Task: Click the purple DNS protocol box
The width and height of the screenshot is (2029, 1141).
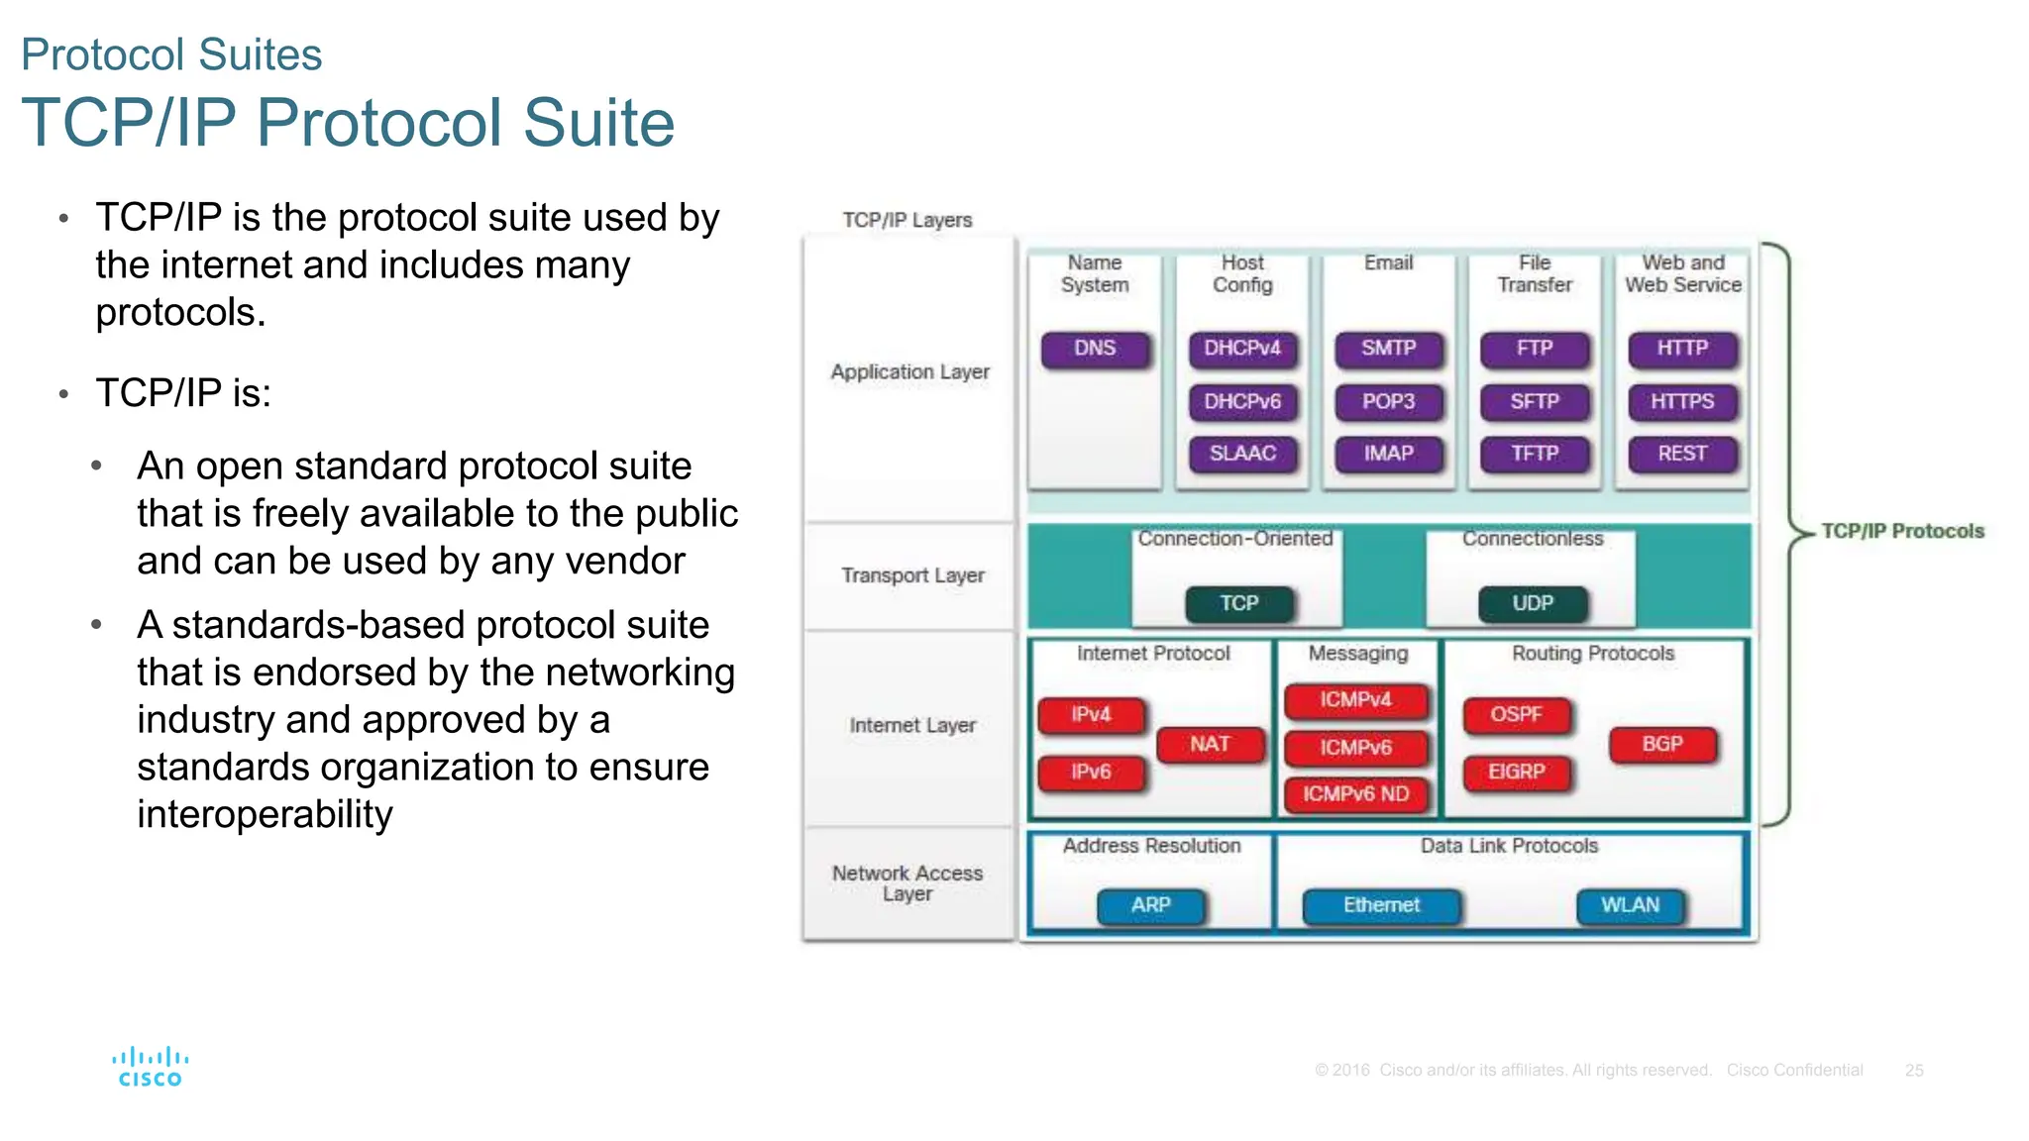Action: (1095, 349)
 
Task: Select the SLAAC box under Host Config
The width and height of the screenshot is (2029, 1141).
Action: (1242, 454)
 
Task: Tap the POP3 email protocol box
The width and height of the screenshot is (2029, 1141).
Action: (1388, 401)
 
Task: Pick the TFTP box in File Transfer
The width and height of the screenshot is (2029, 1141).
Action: (1534, 454)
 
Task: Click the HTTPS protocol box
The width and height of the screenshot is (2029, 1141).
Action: (1681, 401)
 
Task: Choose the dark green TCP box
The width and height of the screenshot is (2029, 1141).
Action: (1238, 603)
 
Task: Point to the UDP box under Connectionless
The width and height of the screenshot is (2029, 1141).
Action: (1532, 603)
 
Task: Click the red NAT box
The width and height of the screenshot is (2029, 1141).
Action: (1210, 744)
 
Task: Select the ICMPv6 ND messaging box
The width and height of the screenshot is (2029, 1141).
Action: (1355, 794)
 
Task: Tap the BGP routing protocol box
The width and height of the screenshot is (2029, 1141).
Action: (1661, 744)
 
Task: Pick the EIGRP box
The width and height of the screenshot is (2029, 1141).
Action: (1516, 772)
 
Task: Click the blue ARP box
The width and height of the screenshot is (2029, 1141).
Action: (1150, 905)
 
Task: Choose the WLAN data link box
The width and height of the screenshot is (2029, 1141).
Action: (1630, 905)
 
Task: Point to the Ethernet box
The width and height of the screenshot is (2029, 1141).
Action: (1381, 905)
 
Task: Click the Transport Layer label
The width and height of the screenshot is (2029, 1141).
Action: (912, 575)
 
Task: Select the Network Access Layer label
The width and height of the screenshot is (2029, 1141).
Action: (908, 883)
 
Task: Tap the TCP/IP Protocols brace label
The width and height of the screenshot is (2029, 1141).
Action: (1902, 531)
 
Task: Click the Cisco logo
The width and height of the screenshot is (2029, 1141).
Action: (151, 1068)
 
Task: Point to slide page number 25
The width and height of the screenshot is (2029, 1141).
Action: (1913, 1071)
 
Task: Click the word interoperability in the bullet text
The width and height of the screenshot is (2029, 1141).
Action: (265, 815)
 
